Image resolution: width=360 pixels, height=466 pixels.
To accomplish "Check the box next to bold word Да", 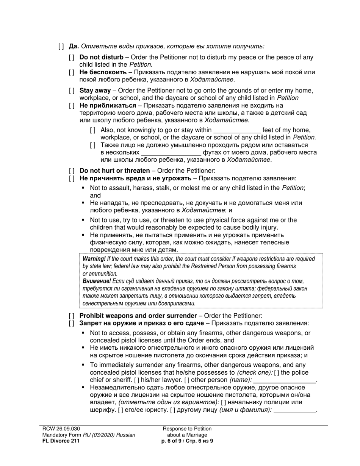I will (x=61, y=47).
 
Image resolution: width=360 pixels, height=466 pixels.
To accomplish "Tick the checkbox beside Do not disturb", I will (x=72, y=58).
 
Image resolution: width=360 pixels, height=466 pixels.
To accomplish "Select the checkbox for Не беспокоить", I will (x=72, y=72).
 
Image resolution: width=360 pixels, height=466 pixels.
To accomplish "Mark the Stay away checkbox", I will (x=72, y=91).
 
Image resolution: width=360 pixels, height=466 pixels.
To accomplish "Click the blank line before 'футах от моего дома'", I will (x=171, y=153).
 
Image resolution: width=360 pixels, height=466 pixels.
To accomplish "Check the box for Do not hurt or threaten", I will (x=72, y=171).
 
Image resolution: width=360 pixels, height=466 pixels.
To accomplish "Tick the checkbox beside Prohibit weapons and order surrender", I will (x=72, y=316).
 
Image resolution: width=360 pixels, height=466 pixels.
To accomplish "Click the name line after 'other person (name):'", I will (x=285, y=380).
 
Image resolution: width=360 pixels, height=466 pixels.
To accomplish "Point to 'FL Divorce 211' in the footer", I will (x=61, y=441).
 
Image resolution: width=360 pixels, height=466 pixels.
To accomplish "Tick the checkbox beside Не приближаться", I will (x=72, y=106).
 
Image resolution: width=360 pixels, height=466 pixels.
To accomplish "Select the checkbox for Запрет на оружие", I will (x=72, y=324).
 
